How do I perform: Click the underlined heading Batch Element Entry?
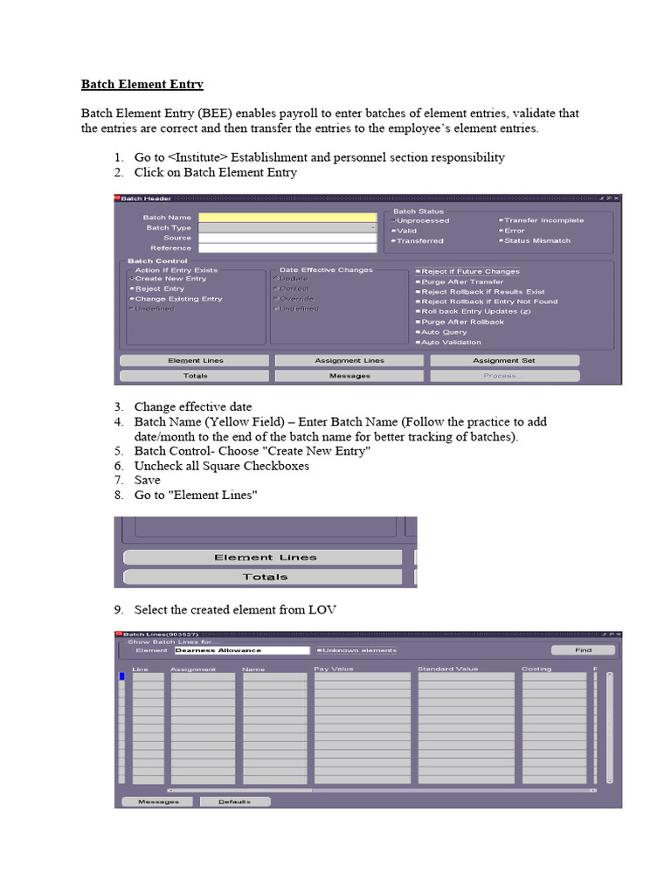pos(142,85)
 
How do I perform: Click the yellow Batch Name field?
pos(287,218)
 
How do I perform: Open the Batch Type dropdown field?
pos(287,228)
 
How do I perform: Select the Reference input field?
pos(287,248)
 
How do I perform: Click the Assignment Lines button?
pos(349,361)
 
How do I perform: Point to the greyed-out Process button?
pos(504,376)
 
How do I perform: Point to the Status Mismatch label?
pos(536,240)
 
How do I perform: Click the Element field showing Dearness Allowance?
pos(242,650)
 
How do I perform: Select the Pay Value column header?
pos(334,670)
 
